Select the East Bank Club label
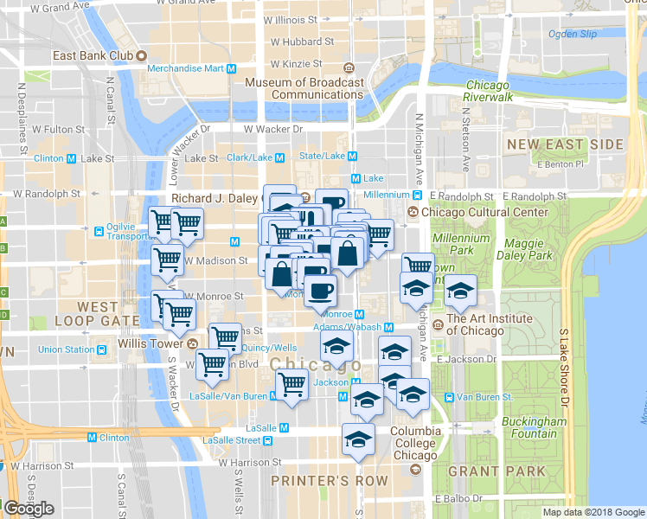point(91,55)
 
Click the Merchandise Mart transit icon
point(232,68)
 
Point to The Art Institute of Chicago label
point(489,324)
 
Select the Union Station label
point(67,349)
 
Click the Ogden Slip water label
point(573,35)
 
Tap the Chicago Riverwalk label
point(489,91)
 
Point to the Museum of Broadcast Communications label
point(304,88)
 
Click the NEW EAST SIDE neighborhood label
point(565,144)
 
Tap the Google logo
point(29,509)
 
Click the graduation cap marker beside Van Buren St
point(413,393)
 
